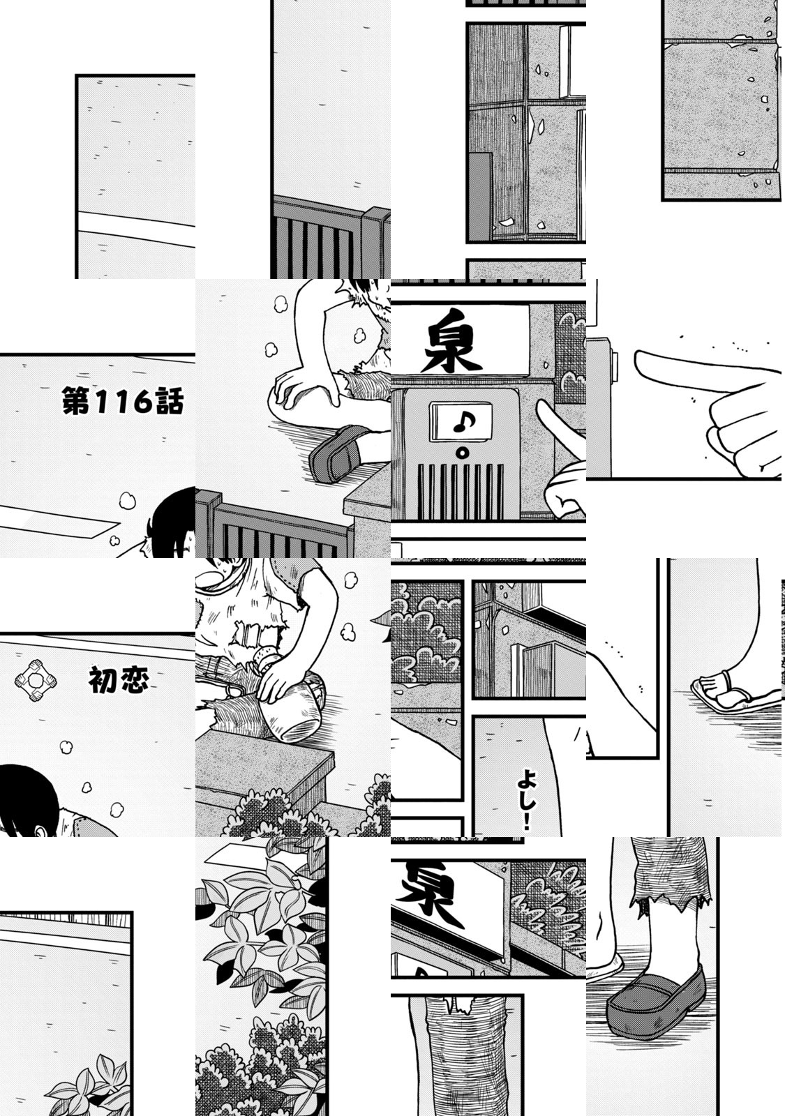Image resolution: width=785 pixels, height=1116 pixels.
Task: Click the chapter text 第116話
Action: point(123,402)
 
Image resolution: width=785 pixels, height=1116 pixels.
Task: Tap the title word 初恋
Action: point(119,680)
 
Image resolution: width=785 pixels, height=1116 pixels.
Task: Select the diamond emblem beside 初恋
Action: point(36,681)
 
